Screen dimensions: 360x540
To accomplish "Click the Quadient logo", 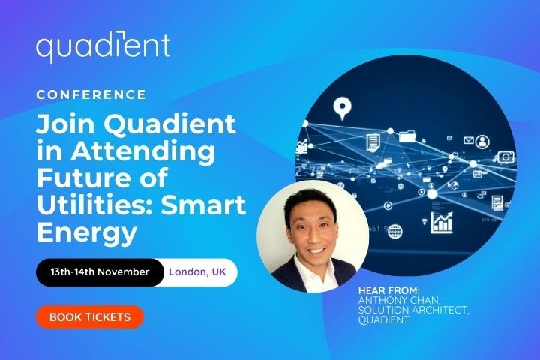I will click(103, 47).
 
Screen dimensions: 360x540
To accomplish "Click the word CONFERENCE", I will click(91, 94).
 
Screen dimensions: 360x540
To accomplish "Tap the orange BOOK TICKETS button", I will click(89, 316).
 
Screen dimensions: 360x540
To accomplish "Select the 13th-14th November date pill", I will click(100, 271).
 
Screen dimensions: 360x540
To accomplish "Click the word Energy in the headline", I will click(87, 231).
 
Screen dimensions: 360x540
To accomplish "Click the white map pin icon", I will click(343, 109).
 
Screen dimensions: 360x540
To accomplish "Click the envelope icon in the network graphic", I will click(469, 140).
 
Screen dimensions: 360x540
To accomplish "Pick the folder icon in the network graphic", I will click(407, 136).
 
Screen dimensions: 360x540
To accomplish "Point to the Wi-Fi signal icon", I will click(424, 222).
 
